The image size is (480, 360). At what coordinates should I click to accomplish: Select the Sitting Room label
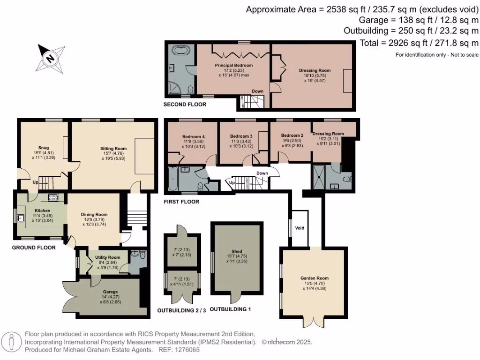113,148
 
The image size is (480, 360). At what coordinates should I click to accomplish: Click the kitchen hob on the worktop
52,197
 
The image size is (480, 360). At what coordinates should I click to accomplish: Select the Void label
300,228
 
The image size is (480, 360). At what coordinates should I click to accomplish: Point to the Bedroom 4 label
194,137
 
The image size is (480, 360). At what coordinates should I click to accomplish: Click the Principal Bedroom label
233,65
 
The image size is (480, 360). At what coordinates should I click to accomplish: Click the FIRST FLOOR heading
181,202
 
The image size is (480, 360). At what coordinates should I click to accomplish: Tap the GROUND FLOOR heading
34,247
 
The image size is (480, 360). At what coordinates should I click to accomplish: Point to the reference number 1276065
186,350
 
